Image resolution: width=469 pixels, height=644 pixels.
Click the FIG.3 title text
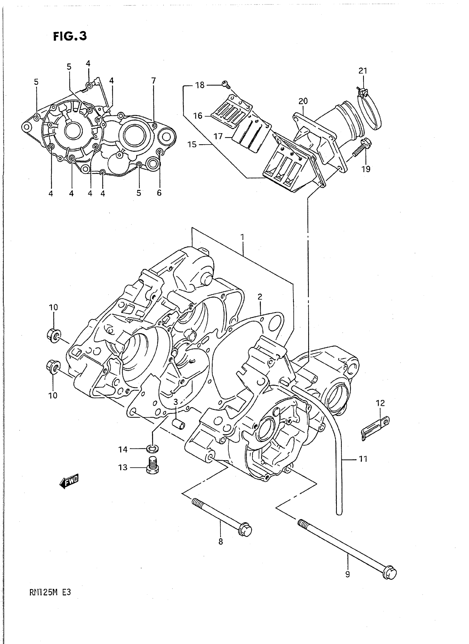(x=70, y=36)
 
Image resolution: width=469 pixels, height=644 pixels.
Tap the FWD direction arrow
(x=69, y=481)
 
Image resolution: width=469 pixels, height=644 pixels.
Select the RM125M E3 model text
(x=50, y=592)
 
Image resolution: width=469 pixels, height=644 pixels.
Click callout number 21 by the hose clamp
(x=363, y=71)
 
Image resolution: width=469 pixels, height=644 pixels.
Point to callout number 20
(x=303, y=101)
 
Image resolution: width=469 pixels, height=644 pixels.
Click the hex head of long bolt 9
(x=389, y=573)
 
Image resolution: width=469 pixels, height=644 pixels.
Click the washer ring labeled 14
(x=153, y=449)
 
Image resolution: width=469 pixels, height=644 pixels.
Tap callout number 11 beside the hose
(x=363, y=459)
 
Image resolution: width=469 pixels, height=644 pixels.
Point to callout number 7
(x=154, y=81)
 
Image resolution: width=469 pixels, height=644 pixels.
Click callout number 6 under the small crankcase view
(x=159, y=193)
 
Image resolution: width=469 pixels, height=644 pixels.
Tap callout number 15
(x=192, y=145)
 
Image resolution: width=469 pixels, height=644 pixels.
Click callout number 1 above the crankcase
(x=242, y=237)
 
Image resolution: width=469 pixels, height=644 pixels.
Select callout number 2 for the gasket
(x=260, y=297)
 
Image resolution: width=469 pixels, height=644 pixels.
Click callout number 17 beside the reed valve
(x=218, y=137)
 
